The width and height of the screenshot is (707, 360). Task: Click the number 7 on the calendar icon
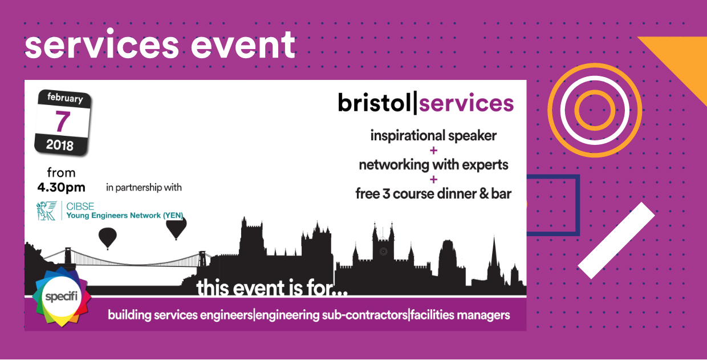click(x=63, y=122)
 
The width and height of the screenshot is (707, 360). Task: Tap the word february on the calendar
click(x=65, y=98)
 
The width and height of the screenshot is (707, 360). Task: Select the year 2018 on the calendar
click(x=60, y=145)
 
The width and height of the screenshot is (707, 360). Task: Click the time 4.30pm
click(x=61, y=187)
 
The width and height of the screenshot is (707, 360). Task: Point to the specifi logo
click(x=62, y=297)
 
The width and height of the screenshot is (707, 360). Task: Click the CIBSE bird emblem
click(x=47, y=211)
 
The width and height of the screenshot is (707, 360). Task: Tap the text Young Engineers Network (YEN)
click(x=125, y=215)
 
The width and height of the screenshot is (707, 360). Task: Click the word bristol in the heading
click(x=375, y=103)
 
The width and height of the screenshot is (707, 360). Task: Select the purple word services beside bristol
click(x=466, y=104)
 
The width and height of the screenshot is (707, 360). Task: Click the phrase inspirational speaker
click(x=433, y=136)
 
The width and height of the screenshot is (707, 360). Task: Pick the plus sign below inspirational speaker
click(x=434, y=150)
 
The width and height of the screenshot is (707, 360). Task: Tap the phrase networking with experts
click(x=433, y=165)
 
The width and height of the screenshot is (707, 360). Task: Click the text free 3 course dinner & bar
click(x=433, y=193)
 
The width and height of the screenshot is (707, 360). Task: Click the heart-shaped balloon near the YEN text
click(x=176, y=228)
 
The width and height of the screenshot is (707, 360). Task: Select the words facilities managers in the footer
click(x=460, y=315)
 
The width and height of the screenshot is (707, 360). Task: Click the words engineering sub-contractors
click(x=332, y=315)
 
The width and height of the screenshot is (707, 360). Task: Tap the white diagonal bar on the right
click(x=616, y=241)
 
